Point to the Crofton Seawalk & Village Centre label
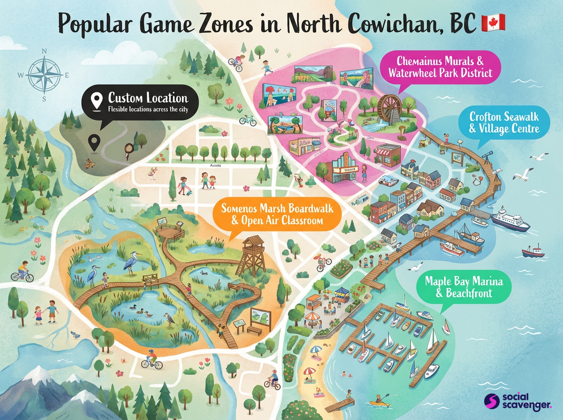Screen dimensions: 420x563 pyautogui.click(x=504, y=122)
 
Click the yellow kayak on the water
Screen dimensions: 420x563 pyautogui.click(x=379, y=403)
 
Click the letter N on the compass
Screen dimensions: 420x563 pyautogui.click(x=44, y=52)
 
